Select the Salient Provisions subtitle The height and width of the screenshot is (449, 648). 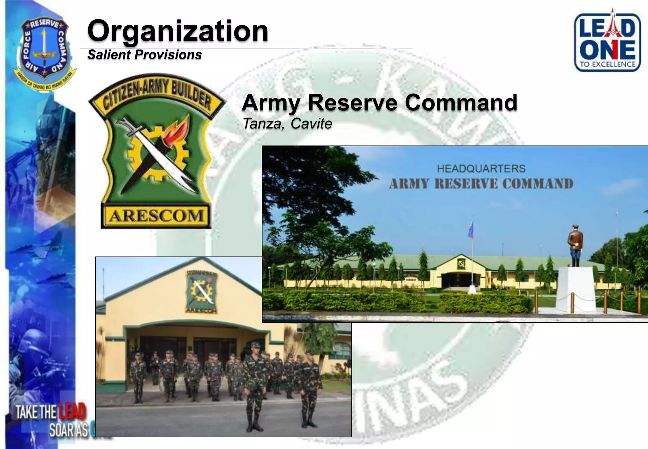point(145,55)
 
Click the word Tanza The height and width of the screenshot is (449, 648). point(262,123)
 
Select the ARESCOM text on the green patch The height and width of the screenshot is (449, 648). point(156,216)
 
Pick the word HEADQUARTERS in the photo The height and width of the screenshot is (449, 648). point(481,168)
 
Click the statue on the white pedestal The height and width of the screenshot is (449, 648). point(575,245)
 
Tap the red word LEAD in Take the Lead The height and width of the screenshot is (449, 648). point(72,411)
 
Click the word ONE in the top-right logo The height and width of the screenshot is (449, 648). point(607,50)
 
